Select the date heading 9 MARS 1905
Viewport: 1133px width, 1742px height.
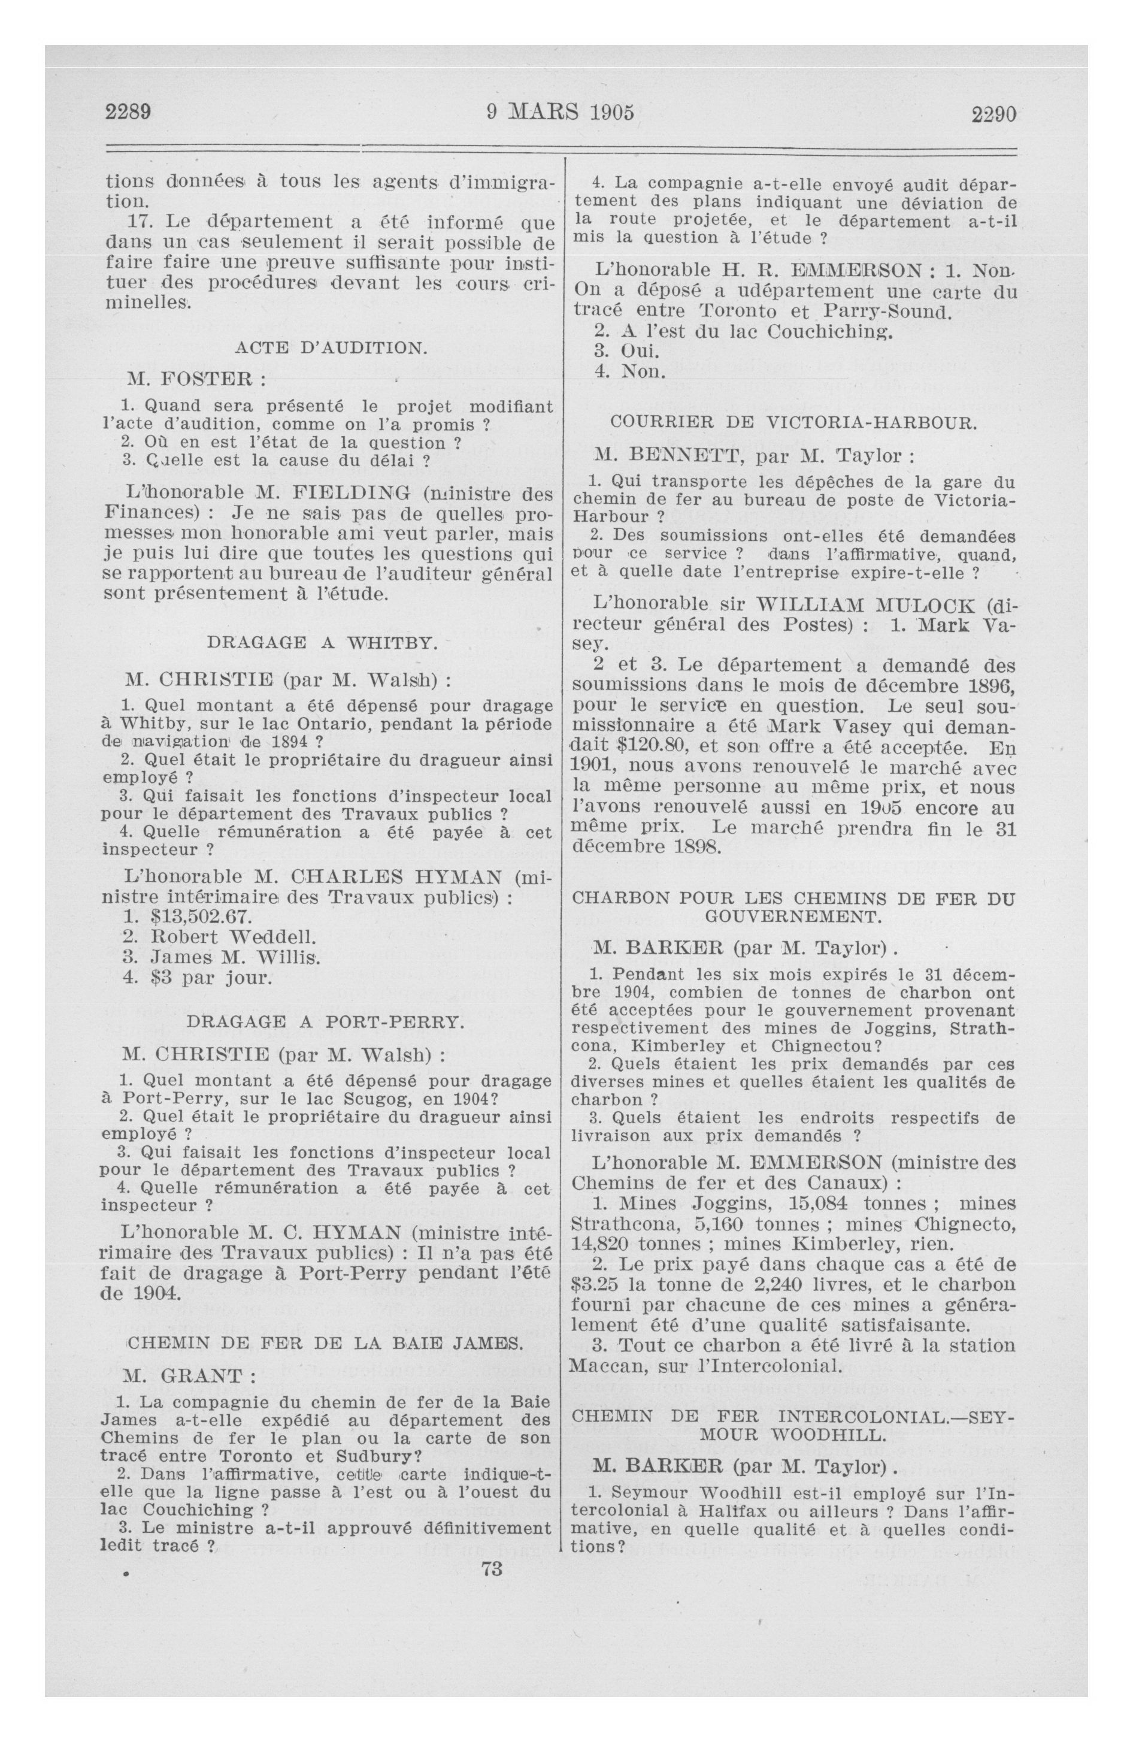click(x=560, y=112)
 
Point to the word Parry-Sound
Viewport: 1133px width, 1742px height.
click(x=890, y=312)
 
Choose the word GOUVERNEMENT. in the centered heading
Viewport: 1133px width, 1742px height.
click(x=793, y=916)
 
